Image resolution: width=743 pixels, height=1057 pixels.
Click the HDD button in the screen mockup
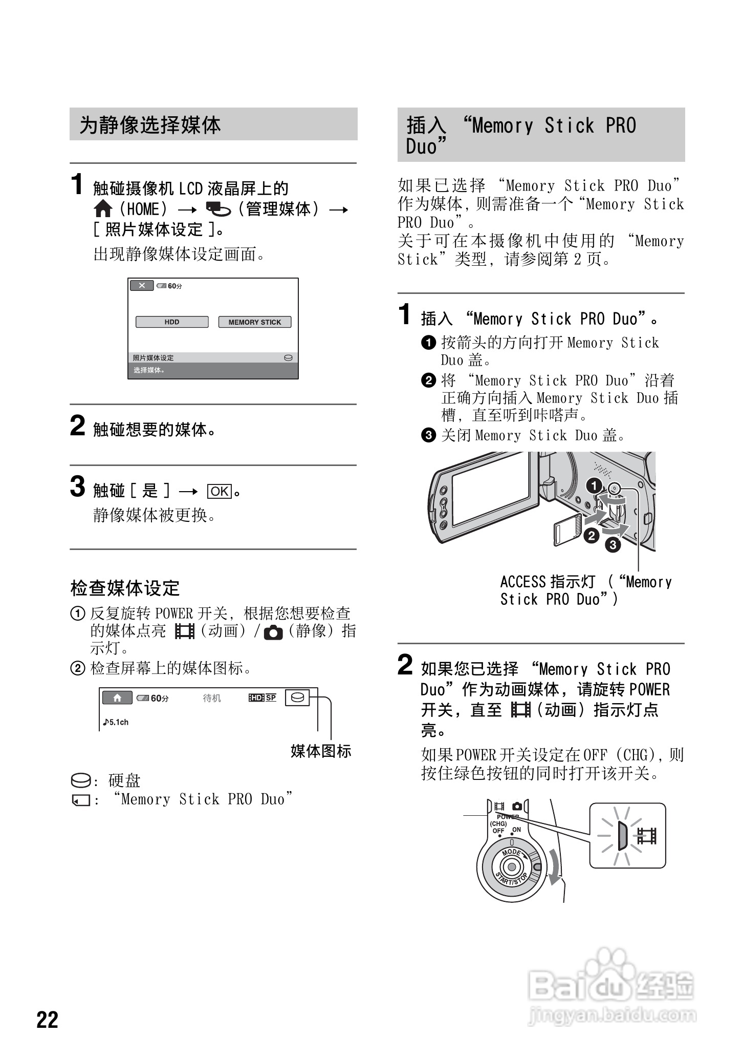(172, 322)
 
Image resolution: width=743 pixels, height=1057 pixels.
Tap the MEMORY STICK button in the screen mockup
(255, 322)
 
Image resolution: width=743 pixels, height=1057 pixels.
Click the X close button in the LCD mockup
(142, 285)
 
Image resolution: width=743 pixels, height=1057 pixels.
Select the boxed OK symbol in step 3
(220, 491)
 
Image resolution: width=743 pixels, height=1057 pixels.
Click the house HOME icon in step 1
(103, 209)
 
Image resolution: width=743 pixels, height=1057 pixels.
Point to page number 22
(48, 1020)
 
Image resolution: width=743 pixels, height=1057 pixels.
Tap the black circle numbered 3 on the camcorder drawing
(613, 545)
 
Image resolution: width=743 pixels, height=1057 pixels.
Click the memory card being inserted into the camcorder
(566, 530)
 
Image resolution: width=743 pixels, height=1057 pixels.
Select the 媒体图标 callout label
(321, 751)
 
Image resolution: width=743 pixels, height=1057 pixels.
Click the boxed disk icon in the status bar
(298, 697)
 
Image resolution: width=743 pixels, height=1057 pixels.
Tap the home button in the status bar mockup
(117, 697)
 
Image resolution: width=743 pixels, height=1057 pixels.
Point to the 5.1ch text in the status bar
(116, 722)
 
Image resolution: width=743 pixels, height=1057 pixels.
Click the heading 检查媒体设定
(125, 588)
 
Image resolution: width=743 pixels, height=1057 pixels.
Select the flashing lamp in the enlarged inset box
(622, 836)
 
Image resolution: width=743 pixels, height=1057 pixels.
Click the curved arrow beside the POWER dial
(554, 866)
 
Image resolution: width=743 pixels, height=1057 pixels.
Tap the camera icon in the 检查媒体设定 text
(273, 633)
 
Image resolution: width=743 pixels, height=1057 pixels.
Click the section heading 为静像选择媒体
(150, 125)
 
